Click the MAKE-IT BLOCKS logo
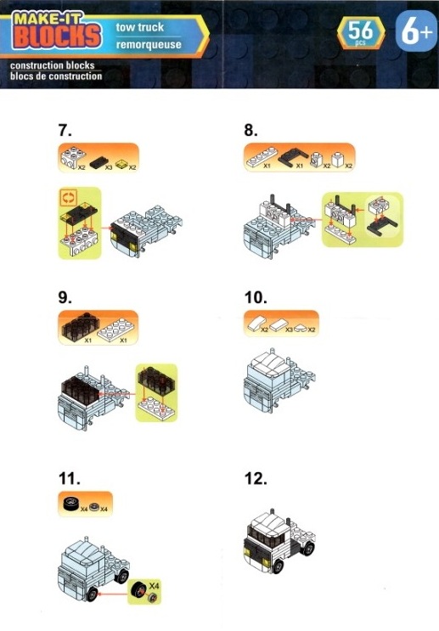(56, 31)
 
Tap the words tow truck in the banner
(139, 27)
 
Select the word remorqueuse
(149, 44)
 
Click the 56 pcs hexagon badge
(361, 32)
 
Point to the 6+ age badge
(416, 31)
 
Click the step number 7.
(65, 130)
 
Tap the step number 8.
(251, 130)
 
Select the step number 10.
(256, 298)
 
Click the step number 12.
(256, 479)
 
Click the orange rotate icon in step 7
(68, 197)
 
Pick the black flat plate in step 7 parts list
(98, 162)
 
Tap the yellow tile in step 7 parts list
(121, 164)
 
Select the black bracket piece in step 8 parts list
(293, 157)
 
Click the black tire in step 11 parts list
(71, 504)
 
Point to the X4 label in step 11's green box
(154, 585)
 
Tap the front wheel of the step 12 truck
(278, 566)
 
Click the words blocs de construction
(56, 76)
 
